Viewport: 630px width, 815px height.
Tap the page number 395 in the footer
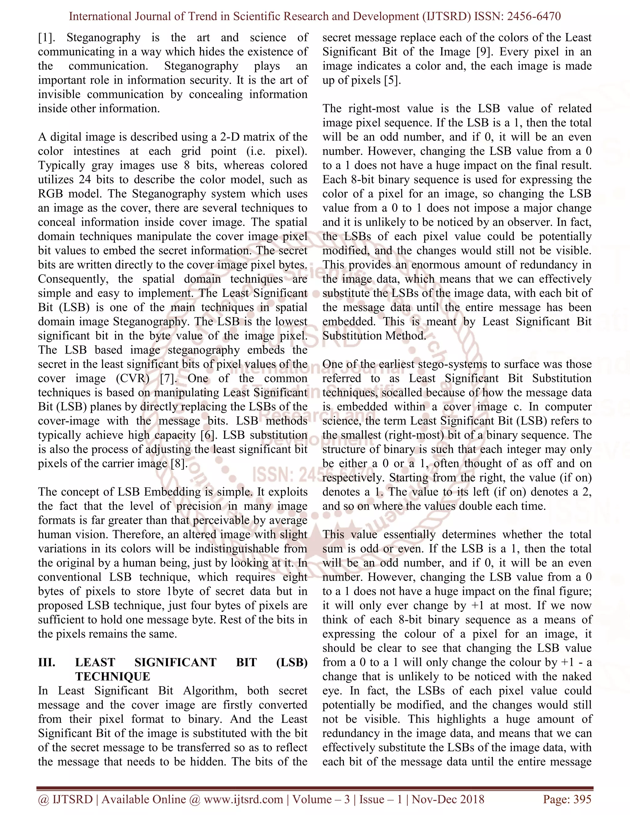582,799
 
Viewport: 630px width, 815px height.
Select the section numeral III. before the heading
47,662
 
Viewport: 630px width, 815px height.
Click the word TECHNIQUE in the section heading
113,677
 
